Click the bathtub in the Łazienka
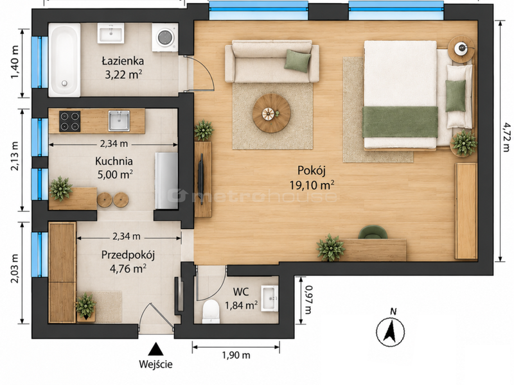tap(64, 60)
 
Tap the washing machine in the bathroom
tap(165, 37)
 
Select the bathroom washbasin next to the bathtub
tap(111, 33)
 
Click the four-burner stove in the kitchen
tap(70, 121)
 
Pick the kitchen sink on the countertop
tap(119, 121)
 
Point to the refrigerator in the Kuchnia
tap(166, 180)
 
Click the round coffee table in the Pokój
tap(271, 114)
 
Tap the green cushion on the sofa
tap(297, 60)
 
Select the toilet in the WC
tap(211, 311)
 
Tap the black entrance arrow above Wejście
tap(155, 348)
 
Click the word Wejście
tap(155, 364)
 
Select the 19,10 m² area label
tap(312, 185)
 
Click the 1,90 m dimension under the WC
tap(236, 355)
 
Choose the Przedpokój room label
tap(128, 255)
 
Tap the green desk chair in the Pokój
tap(373, 232)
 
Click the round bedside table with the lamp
tap(461, 49)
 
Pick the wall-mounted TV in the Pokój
tap(201, 179)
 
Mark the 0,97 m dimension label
tap(308, 300)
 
